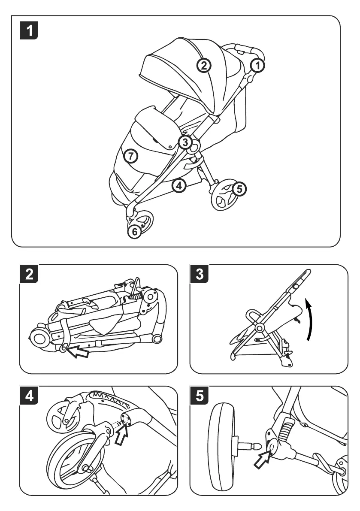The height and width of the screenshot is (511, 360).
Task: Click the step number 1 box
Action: click(x=29, y=30)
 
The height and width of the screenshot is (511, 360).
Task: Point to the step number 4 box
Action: click(x=29, y=396)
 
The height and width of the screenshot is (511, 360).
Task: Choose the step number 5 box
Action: click(x=199, y=396)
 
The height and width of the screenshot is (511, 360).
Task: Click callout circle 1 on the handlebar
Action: click(x=257, y=65)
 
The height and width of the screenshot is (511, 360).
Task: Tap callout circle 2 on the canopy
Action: click(x=204, y=65)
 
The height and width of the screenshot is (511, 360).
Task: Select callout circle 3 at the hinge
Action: click(x=185, y=142)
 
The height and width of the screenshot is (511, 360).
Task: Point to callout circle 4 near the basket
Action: click(x=179, y=185)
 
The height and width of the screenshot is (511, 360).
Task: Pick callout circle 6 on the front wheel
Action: click(x=134, y=231)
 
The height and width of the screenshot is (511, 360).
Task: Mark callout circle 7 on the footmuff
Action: click(x=131, y=156)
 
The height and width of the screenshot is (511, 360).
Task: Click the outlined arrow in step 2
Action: click(x=79, y=352)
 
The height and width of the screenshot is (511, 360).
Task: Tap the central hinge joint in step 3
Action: click(x=259, y=327)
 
